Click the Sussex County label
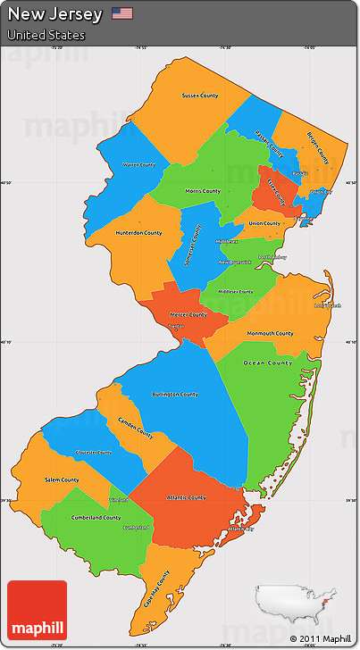click(x=199, y=96)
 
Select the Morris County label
click(x=203, y=191)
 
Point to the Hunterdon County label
click(x=138, y=233)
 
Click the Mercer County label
click(x=188, y=314)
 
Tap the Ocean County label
click(x=268, y=363)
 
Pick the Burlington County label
click(x=176, y=394)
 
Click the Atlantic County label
click(x=186, y=497)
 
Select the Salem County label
click(x=62, y=480)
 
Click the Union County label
click(x=264, y=223)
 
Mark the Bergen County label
click(x=318, y=147)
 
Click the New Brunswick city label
click(x=236, y=262)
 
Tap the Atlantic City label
click(x=240, y=529)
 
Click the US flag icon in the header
click(x=122, y=13)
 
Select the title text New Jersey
click(x=54, y=13)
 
